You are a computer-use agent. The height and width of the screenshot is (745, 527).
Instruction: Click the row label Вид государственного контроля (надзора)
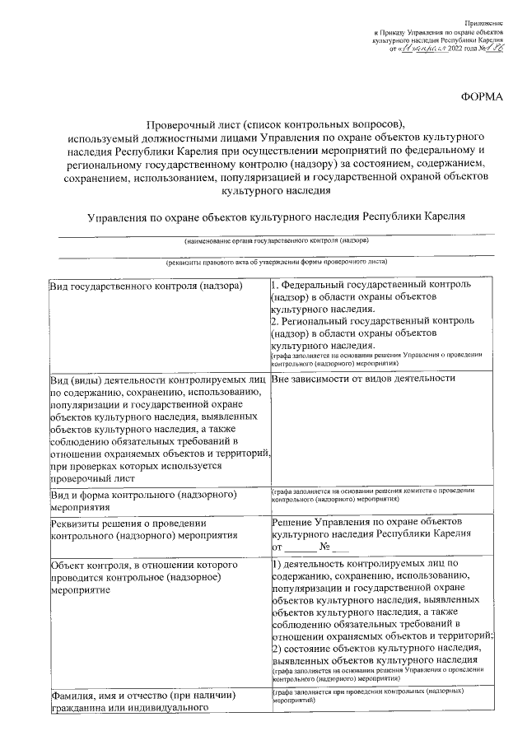click(x=146, y=286)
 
